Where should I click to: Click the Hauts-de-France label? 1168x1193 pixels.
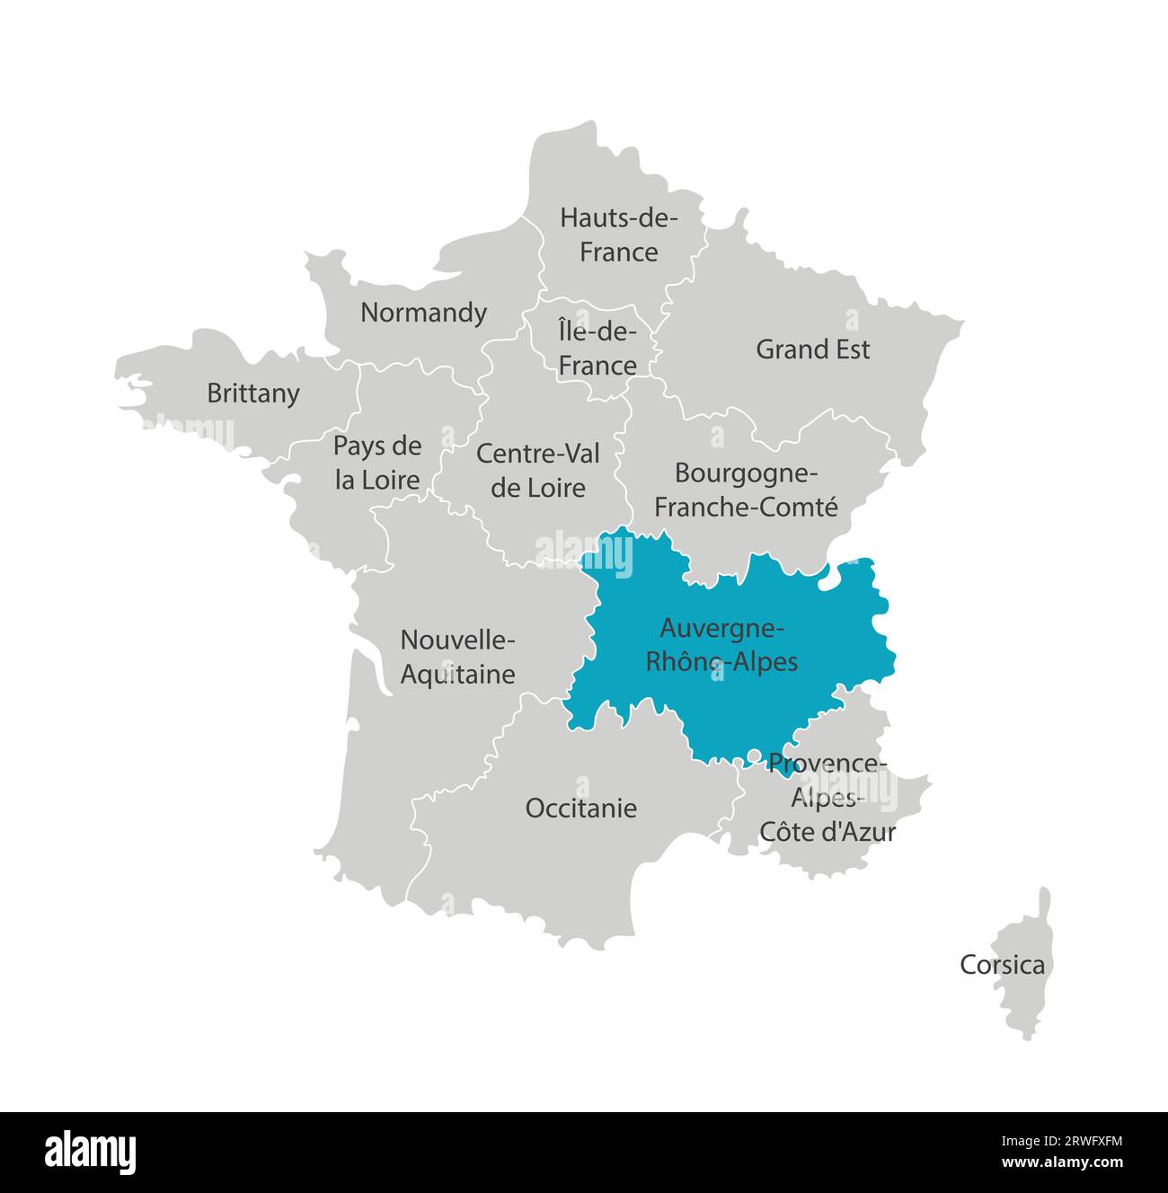[618, 234]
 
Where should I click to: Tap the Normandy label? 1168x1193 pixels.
[423, 313]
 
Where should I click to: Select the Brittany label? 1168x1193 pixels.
[252, 393]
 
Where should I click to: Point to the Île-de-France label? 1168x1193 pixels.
[597, 349]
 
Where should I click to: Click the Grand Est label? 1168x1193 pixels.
[812, 349]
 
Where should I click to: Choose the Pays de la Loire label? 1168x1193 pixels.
[377, 463]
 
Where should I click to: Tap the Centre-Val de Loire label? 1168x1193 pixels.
[538, 471]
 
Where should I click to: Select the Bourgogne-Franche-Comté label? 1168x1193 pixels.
[746, 490]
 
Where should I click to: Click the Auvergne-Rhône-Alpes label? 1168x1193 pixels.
[721, 644]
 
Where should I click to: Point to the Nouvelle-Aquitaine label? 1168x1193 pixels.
[457, 657]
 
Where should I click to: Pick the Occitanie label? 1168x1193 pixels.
[580, 808]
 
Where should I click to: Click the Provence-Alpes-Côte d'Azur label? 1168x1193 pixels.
[827, 798]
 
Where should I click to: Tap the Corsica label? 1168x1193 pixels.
[1002, 965]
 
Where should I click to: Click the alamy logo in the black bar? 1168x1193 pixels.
[91, 1153]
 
